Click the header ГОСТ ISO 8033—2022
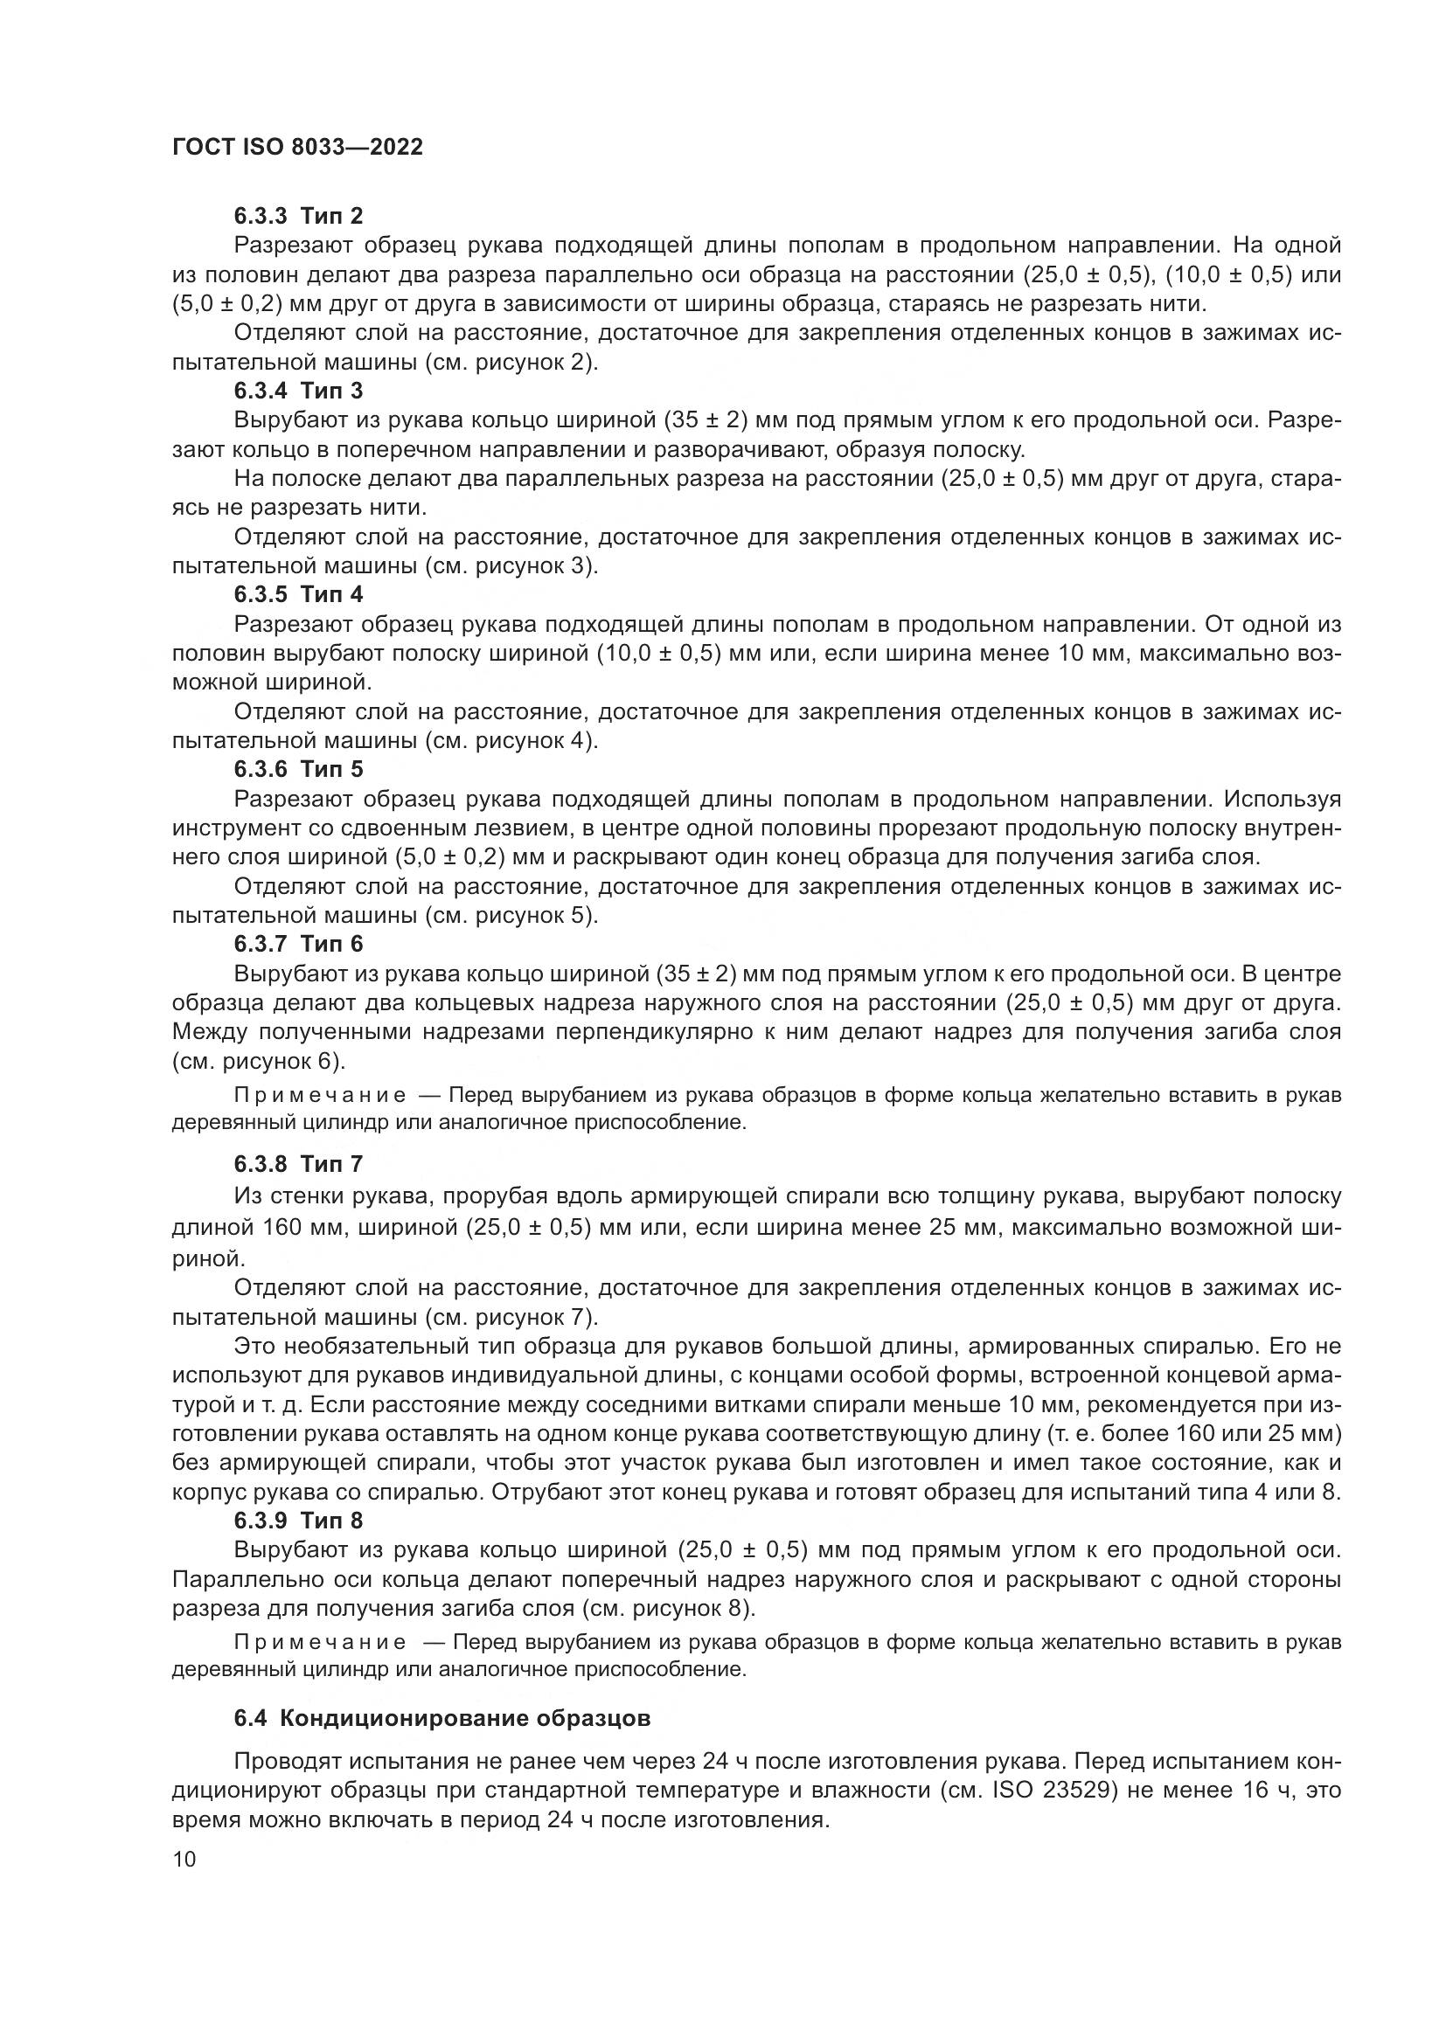[x=297, y=147]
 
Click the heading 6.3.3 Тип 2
[x=298, y=216]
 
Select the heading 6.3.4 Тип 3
[x=298, y=390]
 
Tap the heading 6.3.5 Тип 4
[x=298, y=593]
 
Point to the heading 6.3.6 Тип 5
[x=298, y=768]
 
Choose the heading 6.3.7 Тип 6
[x=298, y=943]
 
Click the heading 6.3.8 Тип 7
[x=298, y=1163]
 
